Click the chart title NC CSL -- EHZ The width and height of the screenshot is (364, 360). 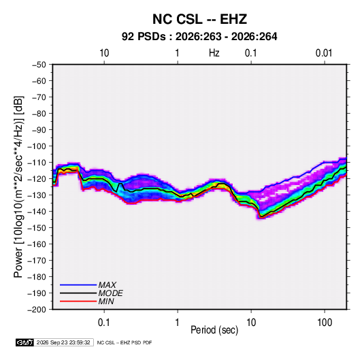[199, 19]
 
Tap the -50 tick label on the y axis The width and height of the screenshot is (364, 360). [39, 65]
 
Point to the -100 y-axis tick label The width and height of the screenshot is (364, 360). [37, 146]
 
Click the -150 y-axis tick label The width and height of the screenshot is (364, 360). [37, 228]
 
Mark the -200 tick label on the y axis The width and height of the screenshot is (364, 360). [37, 310]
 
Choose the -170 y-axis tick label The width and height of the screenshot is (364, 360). [37, 261]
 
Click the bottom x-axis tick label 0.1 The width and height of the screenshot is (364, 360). [104, 323]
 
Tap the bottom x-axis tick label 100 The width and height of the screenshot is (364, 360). [325, 323]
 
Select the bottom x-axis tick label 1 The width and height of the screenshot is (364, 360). [178, 323]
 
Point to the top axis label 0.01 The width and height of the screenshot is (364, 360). [324, 53]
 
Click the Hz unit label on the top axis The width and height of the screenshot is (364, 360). [214, 53]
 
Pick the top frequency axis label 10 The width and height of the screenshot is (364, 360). [104, 53]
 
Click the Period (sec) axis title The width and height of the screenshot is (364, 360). [214, 330]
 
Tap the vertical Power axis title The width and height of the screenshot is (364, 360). [18, 186]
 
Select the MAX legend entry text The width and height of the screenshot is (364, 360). [107, 285]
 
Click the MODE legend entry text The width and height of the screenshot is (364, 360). [110, 293]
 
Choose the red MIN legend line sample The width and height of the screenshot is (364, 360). [78, 301]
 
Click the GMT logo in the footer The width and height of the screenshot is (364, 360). [24, 342]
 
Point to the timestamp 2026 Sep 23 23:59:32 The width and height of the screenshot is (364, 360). [63, 342]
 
